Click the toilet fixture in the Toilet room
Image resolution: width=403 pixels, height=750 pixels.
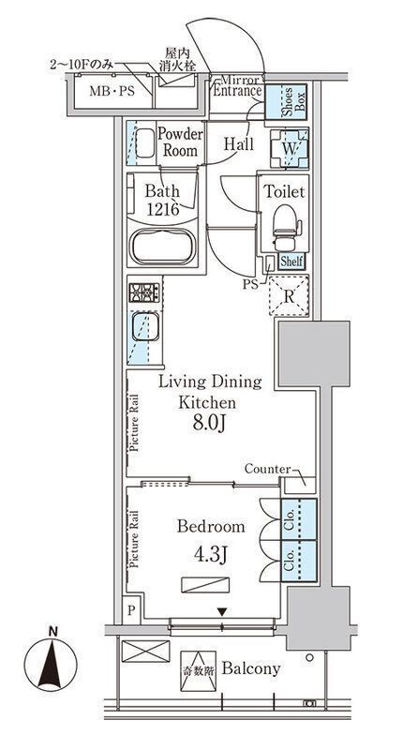[286, 227]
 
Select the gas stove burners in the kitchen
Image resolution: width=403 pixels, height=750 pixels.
[144, 292]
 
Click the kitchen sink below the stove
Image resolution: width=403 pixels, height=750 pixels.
[145, 327]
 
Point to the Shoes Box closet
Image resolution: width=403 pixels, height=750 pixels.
[286, 101]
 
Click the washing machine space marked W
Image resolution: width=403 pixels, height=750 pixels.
[289, 148]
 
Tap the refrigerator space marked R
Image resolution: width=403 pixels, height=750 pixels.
[289, 296]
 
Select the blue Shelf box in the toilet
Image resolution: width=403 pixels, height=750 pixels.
[291, 262]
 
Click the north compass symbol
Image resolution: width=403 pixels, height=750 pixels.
[52, 664]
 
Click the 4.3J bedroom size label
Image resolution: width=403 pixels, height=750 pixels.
[211, 556]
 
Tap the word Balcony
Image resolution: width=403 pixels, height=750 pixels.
[250, 668]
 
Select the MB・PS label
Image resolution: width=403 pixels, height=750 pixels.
[112, 91]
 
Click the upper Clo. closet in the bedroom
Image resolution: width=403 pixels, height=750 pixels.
[299, 520]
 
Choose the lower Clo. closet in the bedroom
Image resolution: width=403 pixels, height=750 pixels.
[299, 561]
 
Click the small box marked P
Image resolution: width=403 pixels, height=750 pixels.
[131, 610]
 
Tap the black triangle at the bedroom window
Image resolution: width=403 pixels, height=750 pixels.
[222, 612]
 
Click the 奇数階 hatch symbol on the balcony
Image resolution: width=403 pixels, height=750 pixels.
[198, 671]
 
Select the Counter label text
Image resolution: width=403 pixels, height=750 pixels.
[267, 470]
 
